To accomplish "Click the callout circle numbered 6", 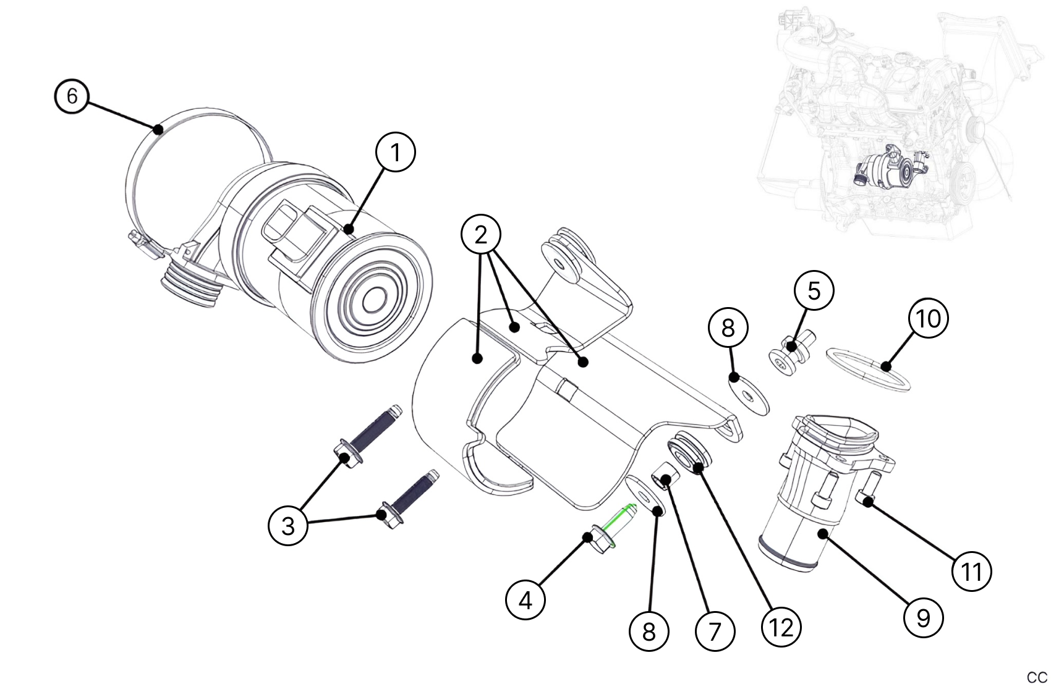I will click(72, 97).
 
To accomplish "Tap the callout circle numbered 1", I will click(396, 153).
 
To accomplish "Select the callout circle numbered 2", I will click(480, 235).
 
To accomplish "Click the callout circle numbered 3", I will click(288, 526).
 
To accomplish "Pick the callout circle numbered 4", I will click(525, 599).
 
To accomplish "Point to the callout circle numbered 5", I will click(814, 290).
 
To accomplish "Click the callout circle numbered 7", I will click(715, 631).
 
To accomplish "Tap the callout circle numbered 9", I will click(923, 617).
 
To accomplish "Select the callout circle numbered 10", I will click(929, 319).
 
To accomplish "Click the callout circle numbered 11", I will click(972, 572).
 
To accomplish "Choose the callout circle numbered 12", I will click(781, 627).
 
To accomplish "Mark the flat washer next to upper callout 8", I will click(747, 395).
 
